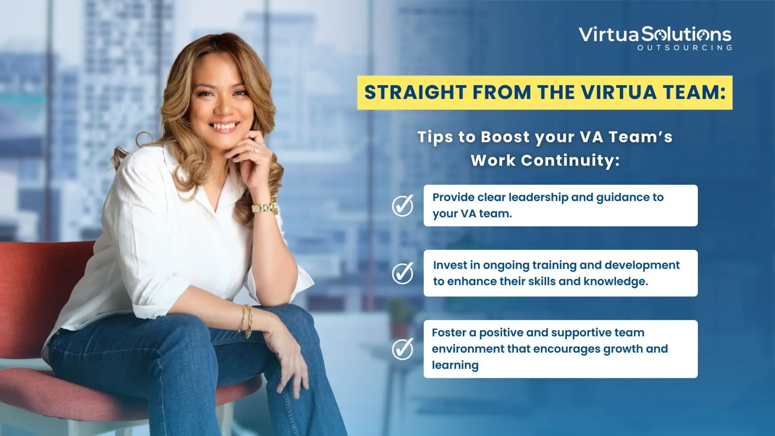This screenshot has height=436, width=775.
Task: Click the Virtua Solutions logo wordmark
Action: click(655, 34)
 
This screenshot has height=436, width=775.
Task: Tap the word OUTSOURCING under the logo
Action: click(685, 48)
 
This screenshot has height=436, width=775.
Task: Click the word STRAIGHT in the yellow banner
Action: click(415, 92)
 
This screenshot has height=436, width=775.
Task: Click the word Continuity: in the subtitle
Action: click(570, 160)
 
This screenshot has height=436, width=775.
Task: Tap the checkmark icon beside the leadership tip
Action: click(402, 205)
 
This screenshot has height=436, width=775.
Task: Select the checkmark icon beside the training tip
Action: click(402, 273)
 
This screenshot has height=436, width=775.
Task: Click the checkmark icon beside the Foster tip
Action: click(402, 349)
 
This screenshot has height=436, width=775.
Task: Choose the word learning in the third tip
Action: click(455, 365)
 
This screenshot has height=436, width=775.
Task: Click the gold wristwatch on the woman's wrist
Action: click(265, 208)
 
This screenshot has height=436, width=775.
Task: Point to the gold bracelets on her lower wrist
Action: click(247, 321)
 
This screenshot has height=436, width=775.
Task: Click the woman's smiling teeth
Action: click(224, 127)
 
